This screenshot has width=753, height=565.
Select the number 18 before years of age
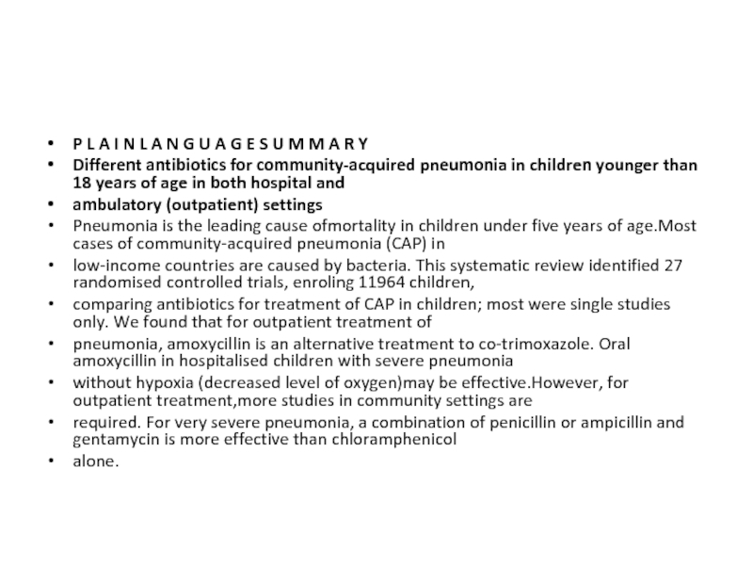click(x=82, y=183)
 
